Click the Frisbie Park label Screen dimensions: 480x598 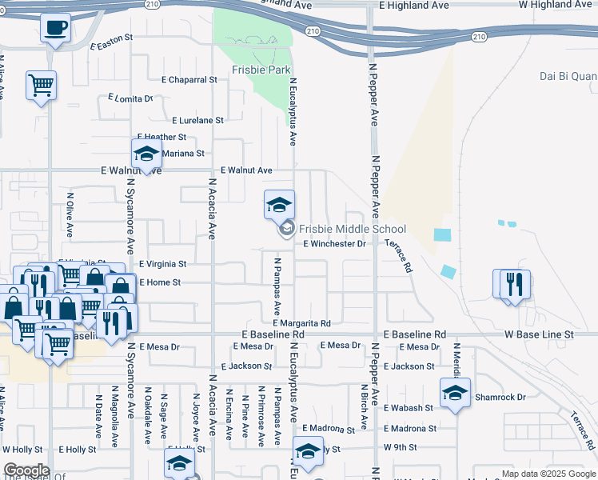point(261,70)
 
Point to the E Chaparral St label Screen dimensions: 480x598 point(189,80)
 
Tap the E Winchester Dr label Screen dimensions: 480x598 point(333,244)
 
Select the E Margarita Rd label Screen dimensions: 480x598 point(301,322)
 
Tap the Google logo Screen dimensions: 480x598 point(26,471)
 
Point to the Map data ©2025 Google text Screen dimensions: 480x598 point(548,474)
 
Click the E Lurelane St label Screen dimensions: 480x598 point(197,120)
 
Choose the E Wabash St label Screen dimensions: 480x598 point(408,408)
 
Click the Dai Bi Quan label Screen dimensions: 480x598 point(568,77)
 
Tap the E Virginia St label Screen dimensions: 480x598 point(162,264)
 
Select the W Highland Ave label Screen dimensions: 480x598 point(557,5)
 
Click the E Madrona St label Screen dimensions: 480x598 point(409,429)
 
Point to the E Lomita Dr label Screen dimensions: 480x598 point(130,98)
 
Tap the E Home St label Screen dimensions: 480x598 point(160,282)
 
